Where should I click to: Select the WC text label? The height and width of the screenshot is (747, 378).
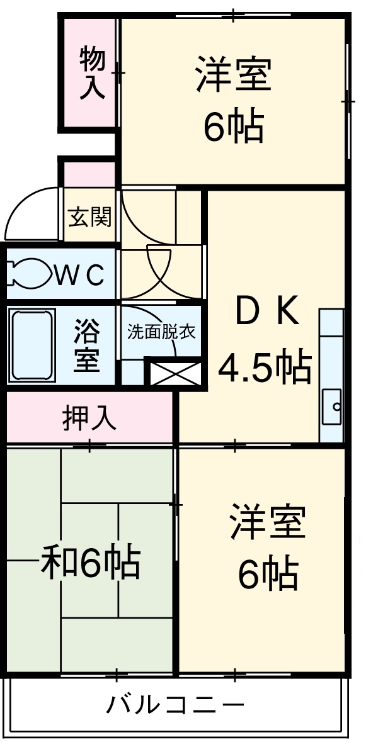79,274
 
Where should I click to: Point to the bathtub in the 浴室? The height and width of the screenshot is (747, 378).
31,344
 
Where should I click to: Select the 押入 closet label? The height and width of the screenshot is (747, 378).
89,418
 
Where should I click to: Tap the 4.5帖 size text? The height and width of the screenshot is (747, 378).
265,367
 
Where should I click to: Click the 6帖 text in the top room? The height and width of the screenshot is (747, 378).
233,126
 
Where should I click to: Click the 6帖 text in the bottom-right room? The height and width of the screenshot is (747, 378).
268,573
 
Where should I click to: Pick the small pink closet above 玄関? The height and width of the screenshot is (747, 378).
90,174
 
